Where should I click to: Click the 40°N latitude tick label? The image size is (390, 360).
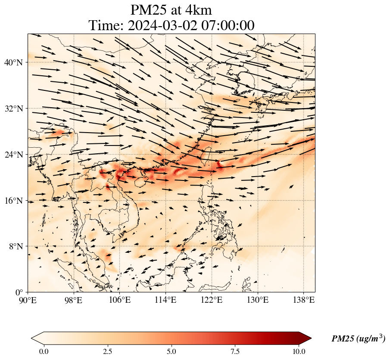pyautogui.click(x=16, y=62)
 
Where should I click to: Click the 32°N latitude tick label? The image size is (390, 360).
pyautogui.click(x=16, y=109)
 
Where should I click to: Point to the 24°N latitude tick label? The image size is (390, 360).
pyautogui.click(x=16, y=155)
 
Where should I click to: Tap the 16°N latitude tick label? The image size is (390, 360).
pyautogui.click(x=16, y=201)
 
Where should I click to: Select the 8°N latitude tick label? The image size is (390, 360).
pyautogui.click(x=17, y=246)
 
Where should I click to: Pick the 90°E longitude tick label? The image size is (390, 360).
pyautogui.click(x=28, y=300)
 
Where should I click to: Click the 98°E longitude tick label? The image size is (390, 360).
pyautogui.click(x=74, y=300)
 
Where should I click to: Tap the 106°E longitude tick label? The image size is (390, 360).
pyautogui.click(x=120, y=300)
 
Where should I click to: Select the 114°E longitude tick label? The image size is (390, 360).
pyautogui.click(x=166, y=300)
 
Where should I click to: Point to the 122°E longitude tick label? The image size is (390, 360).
pyautogui.click(x=212, y=300)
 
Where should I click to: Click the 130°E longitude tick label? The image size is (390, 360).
pyautogui.click(x=258, y=300)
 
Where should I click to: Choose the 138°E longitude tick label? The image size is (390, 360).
pyautogui.click(x=303, y=300)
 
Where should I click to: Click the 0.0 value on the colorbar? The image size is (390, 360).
pyautogui.click(x=44, y=351)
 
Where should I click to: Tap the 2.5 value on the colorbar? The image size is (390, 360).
pyautogui.click(x=108, y=351)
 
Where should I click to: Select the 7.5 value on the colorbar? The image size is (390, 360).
pyautogui.click(x=235, y=351)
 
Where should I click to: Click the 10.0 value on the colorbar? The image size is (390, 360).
pyautogui.click(x=299, y=351)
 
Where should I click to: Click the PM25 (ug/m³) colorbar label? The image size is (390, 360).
pyautogui.click(x=358, y=339)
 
